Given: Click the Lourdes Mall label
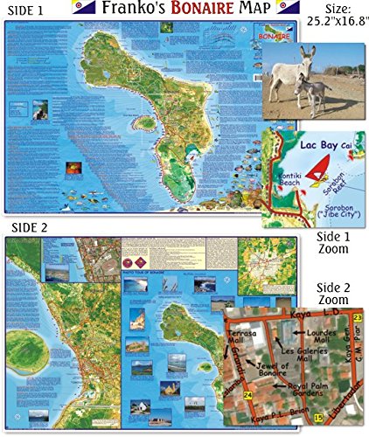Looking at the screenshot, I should pos(326,320).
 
